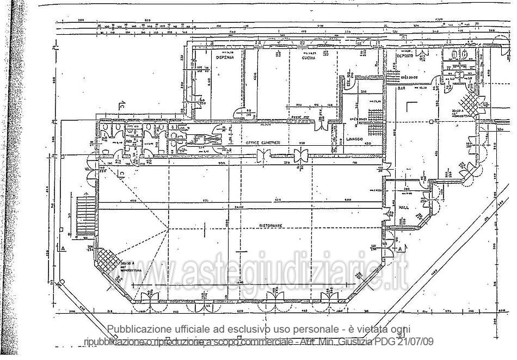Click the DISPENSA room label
tap(224, 57)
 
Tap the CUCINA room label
tap(310, 57)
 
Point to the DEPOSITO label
tap(404, 56)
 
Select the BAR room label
tap(402, 87)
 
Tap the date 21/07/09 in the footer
tap(416, 342)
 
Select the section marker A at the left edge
tap(63, 249)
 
